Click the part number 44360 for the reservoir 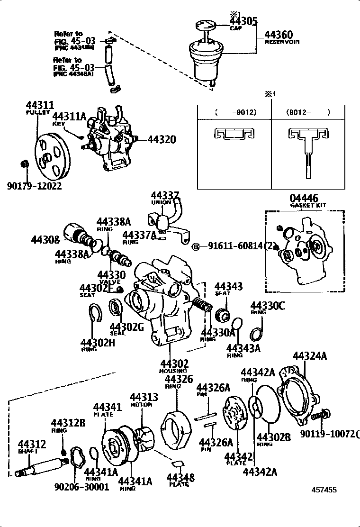278,35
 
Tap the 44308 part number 45,240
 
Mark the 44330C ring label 268,306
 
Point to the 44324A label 309,356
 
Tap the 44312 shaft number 32,444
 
